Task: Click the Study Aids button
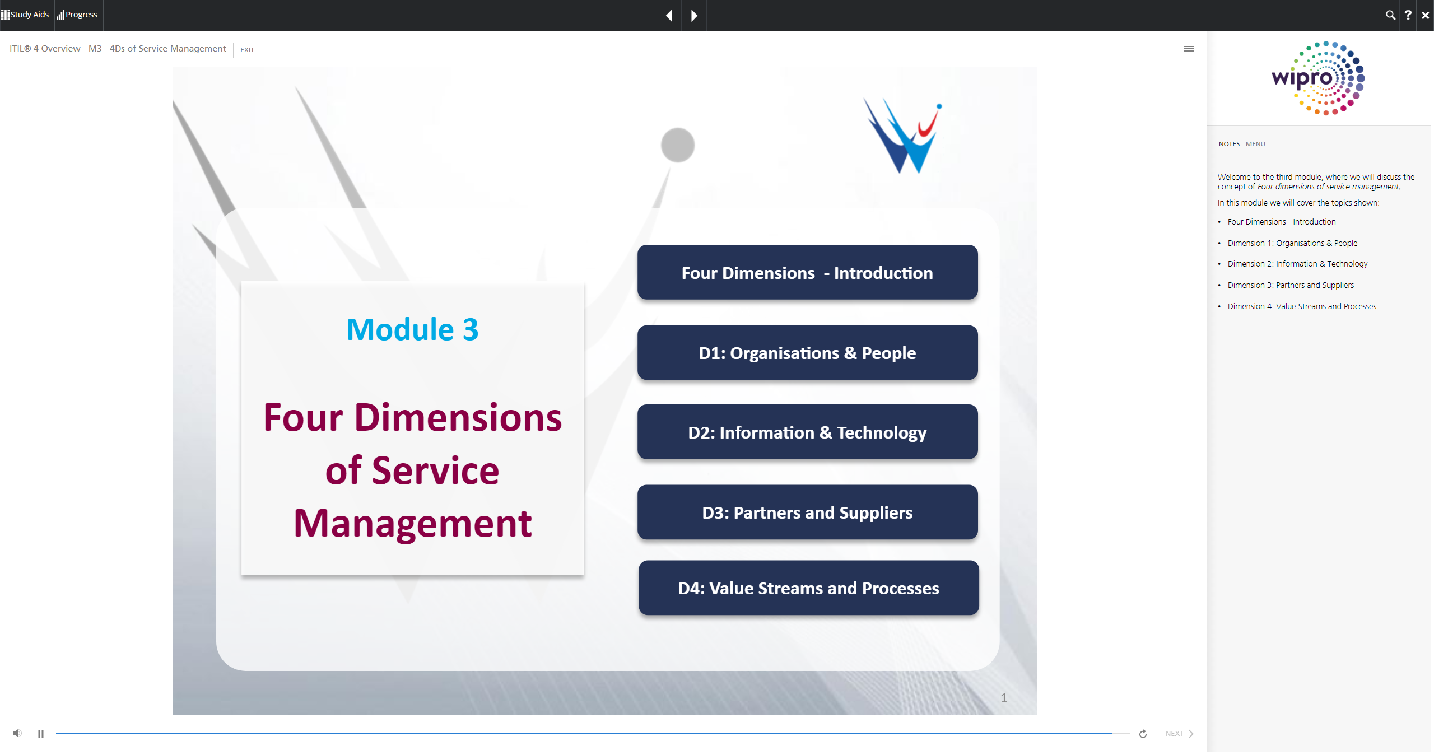tap(25, 15)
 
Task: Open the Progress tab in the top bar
tap(77, 15)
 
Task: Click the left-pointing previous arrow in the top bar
tap(669, 16)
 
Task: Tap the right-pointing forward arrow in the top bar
tap(694, 16)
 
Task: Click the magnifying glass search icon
tap(1390, 15)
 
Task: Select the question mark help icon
tap(1408, 15)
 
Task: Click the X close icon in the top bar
tap(1425, 16)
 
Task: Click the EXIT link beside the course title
tap(247, 50)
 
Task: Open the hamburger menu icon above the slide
tap(1189, 49)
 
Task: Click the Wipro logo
tap(1319, 78)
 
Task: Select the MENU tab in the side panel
tap(1255, 144)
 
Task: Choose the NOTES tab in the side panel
tap(1229, 144)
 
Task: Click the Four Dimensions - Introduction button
tap(807, 272)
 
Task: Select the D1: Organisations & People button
tap(807, 352)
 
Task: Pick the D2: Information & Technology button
tap(807, 432)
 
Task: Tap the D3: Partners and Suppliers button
tap(807, 512)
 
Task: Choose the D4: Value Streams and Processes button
tap(808, 588)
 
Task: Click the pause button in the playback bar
tap(41, 734)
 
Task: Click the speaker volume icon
tap(17, 733)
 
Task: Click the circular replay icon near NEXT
tap(1143, 734)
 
